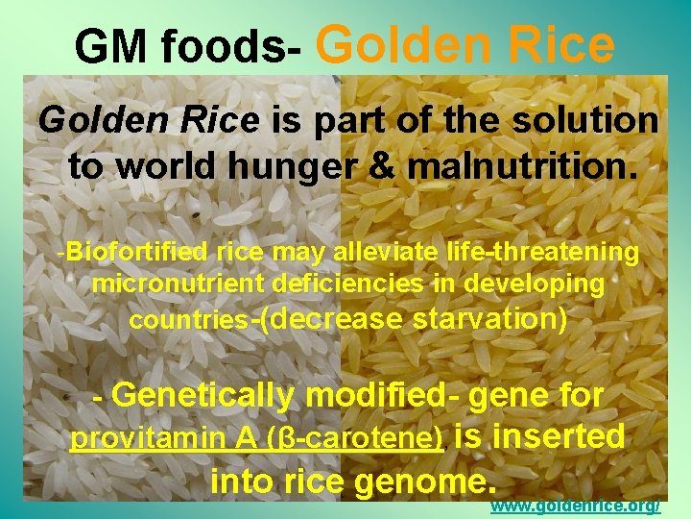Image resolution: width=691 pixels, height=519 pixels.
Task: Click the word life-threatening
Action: coord(546,253)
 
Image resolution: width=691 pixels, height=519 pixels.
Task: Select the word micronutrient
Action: coord(179,284)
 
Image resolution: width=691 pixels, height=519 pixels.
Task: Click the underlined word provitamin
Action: coord(147,439)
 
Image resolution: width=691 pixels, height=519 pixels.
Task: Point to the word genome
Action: coord(418,480)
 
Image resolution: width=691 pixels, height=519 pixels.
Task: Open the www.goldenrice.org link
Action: coord(575,507)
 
